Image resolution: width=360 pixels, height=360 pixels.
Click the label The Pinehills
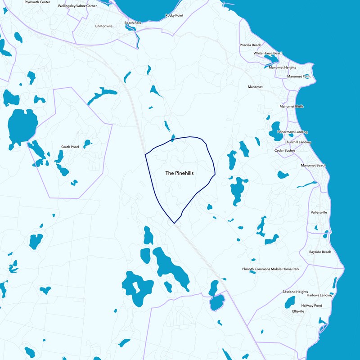pyautogui.click(x=180, y=173)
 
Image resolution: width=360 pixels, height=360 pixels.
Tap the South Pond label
pyautogui.click(x=70, y=147)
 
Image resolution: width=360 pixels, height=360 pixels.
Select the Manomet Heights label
pyautogui.click(x=282, y=67)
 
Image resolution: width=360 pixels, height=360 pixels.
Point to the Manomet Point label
pyautogui.click(x=299, y=76)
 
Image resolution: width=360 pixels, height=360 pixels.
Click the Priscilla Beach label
pyautogui.click(x=250, y=45)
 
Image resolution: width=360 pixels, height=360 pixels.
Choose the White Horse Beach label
pyautogui.click(x=268, y=54)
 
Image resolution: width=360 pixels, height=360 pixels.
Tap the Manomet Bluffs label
pyautogui.click(x=292, y=107)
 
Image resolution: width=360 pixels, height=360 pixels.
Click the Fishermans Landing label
pyautogui.click(x=292, y=132)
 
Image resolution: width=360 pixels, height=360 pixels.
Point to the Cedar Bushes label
pyautogui.click(x=285, y=151)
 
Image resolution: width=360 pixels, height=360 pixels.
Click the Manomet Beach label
pyautogui.click(x=313, y=166)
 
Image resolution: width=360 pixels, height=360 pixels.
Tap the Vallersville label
pyautogui.click(x=319, y=212)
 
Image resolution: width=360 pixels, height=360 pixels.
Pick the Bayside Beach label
pyautogui.click(x=320, y=252)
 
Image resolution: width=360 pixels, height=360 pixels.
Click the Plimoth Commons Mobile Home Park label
pyautogui.click(x=270, y=269)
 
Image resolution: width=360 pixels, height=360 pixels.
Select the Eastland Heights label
pyautogui.click(x=295, y=292)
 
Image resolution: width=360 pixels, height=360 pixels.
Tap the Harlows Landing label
pyautogui.click(x=319, y=295)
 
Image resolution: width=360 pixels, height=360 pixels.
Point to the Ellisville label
pyautogui.click(x=298, y=311)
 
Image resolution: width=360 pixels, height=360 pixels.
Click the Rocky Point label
pyautogui.click(x=174, y=15)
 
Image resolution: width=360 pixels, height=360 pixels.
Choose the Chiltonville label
pyautogui.click(x=104, y=26)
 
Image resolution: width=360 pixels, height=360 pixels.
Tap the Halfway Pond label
pyautogui.click(x=312, y=306)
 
